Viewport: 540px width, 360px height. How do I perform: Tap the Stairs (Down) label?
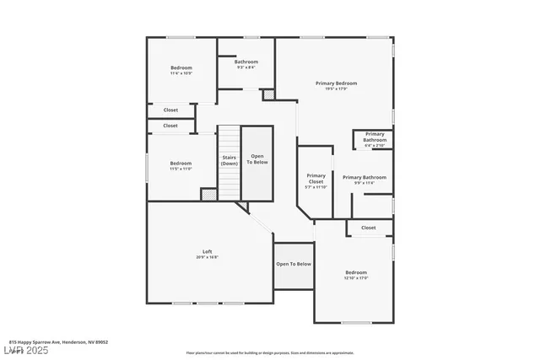(229, 160)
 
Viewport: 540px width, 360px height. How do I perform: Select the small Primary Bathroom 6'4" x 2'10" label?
(375, 139)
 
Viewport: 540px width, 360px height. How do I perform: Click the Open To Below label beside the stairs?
(257, 159)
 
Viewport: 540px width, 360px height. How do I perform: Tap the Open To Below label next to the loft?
(294, 264)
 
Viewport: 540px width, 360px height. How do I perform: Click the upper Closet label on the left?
(170, 110)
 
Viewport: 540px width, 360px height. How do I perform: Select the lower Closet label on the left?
(170, 126)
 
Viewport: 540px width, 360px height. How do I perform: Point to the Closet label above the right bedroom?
(369, 228)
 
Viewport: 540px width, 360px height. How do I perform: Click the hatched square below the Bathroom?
(268, 95)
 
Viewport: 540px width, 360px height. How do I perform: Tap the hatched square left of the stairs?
(208, 194)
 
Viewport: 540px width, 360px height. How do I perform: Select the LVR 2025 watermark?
(28, 350)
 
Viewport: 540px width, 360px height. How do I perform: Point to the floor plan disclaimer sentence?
(270, 352)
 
